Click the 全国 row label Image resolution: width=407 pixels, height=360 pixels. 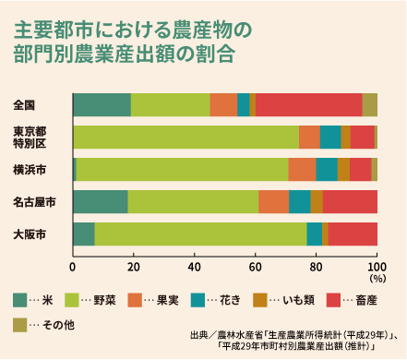25,104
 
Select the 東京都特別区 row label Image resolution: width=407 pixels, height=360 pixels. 30,138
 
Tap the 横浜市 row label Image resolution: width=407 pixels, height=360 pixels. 30,170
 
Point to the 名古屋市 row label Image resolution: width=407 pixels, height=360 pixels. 34,202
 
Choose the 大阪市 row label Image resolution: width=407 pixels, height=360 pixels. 30,234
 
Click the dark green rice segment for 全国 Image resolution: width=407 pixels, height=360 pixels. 102,104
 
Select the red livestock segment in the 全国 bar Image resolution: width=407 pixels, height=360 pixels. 308,104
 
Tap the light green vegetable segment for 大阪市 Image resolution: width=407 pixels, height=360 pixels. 200,234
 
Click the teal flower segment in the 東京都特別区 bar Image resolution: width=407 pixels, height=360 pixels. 330,137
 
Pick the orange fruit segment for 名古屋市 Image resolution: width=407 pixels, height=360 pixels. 273,202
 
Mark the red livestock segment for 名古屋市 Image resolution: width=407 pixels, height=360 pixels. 350,202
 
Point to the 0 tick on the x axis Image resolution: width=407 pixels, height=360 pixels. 73,267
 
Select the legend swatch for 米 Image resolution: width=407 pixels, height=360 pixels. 19,298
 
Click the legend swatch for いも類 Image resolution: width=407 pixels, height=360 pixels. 261,298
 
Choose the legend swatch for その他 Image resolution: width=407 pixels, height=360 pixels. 19,324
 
